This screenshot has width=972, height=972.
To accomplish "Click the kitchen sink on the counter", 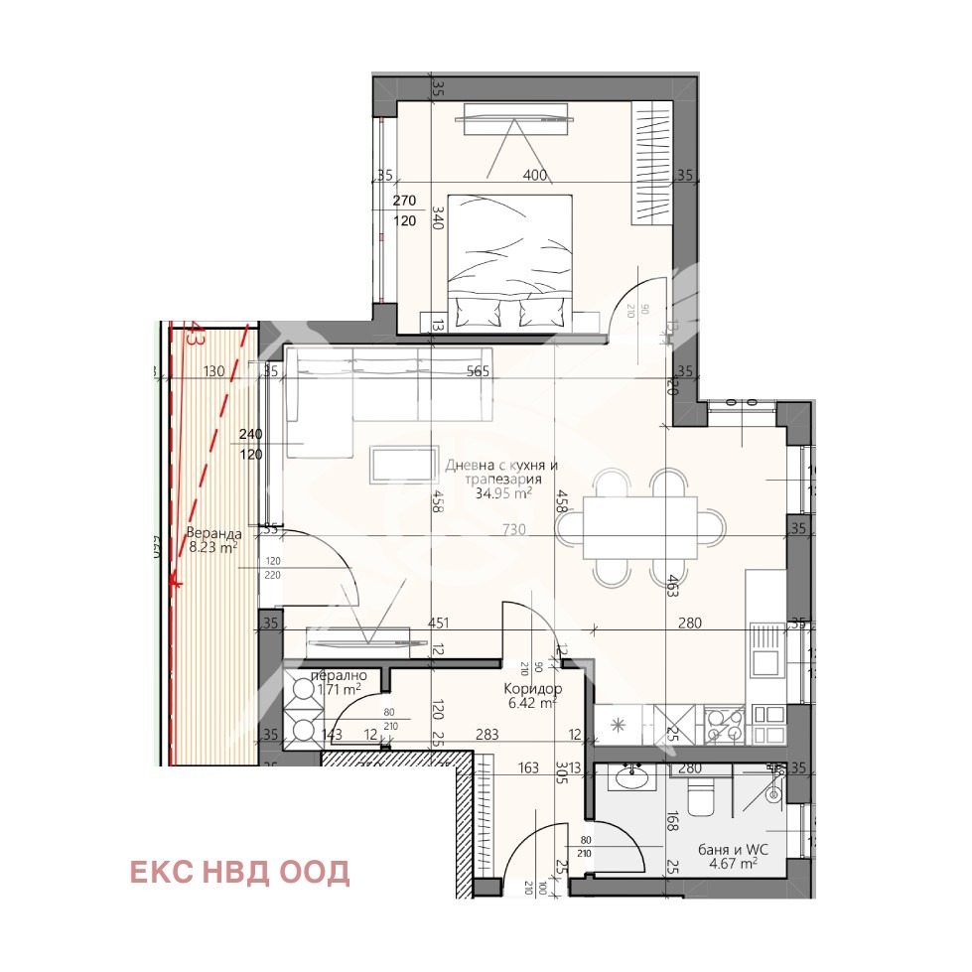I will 765,648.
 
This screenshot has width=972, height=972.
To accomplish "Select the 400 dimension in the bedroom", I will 535,176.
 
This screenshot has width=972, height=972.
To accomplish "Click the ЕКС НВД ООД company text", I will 239,872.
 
